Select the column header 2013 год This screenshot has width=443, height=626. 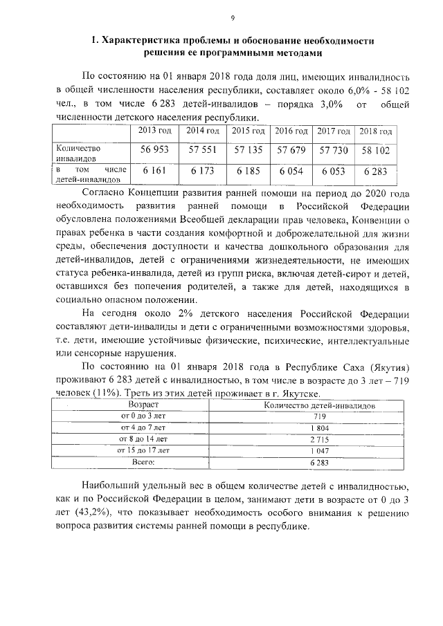point(155,131)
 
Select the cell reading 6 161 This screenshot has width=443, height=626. point(155,171)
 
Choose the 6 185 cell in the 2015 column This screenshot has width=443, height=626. point(248,171)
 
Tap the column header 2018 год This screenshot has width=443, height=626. point(376,131)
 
